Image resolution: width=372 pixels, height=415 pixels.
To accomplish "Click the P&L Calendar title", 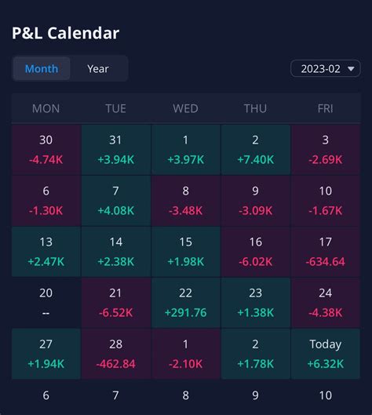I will pyautogui.click(x=66, y=33).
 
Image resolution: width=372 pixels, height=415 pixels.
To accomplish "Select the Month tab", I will pyautogui.click(x=42, y=69).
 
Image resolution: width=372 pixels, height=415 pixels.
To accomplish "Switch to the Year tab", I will pyautogui.click(x=98, y=69).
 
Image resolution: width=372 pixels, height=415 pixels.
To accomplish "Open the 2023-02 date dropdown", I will pyautogui.click(x=326, y=68).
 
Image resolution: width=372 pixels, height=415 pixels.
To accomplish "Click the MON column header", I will pyautogui.click(x=46, y=109).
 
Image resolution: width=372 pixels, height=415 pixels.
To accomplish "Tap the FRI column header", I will pyautogui.click(x=326, y=109).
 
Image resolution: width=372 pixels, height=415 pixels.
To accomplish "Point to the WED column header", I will pyautogui.click(x=186, y=109).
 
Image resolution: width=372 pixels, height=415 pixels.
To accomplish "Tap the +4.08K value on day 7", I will pyautogui.click(x=115, y=210).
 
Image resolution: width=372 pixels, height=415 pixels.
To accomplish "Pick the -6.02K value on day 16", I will pyautogui.click(x=256, y=261).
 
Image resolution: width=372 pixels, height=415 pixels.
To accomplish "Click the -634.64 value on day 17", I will pyautogui.click(x=326, y=261).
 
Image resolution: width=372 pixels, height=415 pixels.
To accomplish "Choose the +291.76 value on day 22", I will pyautogui.click(x=186, y=312).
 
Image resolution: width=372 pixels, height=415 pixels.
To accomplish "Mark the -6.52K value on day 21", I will pyautogui.click(x=115, y=312).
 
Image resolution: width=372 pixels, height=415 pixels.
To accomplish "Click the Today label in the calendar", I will pyautogui.click(x=326, y=344).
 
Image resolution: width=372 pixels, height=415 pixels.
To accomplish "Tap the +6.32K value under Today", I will pyautogui.click(x=326, y=363).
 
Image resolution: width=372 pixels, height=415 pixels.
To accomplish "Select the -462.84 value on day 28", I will pyautogui.click(x=115, y=363).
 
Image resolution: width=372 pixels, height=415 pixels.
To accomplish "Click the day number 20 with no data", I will pyautogui.click(x=46, y=293).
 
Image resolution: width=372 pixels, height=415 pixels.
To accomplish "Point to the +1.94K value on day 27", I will pyautogui.click(x=46, y=363).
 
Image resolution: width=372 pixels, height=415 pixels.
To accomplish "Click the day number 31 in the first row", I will pyautogui.click(x=115, y=140).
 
